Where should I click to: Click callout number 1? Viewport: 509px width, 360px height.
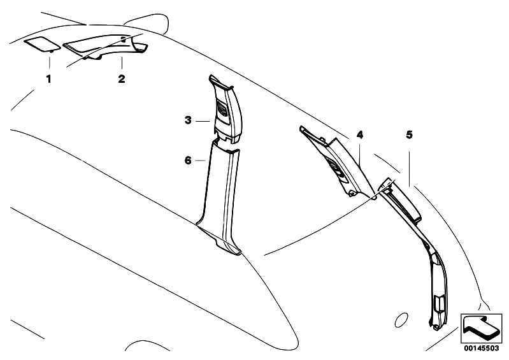tap(48, 79)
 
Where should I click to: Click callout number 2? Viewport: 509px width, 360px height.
tap(122, 79)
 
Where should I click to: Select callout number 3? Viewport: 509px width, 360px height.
tap(188, 120)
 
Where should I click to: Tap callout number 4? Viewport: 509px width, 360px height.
tap(360, 134)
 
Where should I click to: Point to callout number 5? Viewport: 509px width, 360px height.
tap(410, 134)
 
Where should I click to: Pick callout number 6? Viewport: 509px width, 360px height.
tap(188, 160)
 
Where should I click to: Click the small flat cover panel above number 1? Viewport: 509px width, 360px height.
tap(42, 44)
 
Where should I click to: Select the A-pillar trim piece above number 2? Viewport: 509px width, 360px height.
tap(106, 47)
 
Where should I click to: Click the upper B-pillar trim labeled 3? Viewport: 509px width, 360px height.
tap(226, 109)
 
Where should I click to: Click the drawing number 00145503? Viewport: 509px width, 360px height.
tap(482, 349)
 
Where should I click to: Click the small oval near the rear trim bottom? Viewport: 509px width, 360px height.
tap(401, 320)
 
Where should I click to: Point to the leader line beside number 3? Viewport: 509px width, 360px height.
tap(203, 121)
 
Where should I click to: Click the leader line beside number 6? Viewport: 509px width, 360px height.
tap(201, 161)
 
